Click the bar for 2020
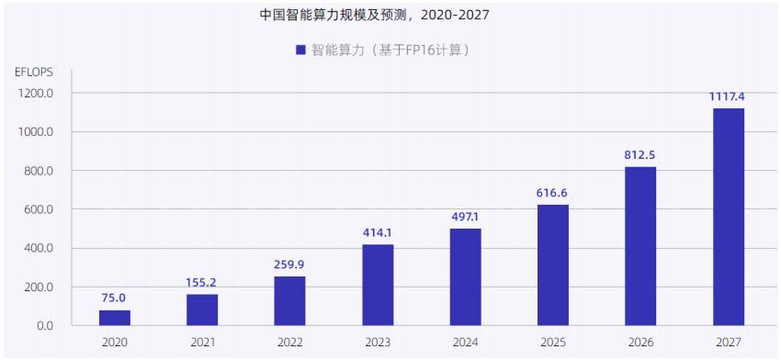coord(114,318)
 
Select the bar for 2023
coord(378,285)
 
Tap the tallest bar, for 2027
coord(729,217)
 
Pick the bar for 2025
coord(553,264)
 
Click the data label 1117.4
coord(729,96)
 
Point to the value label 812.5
coord(640,153)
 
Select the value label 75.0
coord(114,298)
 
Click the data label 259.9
coord(289,264)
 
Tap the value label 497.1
coord(465,216)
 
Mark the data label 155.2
coord(201,282)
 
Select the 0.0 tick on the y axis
coord(43,326)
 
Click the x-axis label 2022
coord(289,343)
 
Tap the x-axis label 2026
coord(640,343)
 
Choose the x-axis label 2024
coord(465,343)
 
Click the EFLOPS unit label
coord(35,72)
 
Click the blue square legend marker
coord(300,50)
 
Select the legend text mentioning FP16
coord(396,50)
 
